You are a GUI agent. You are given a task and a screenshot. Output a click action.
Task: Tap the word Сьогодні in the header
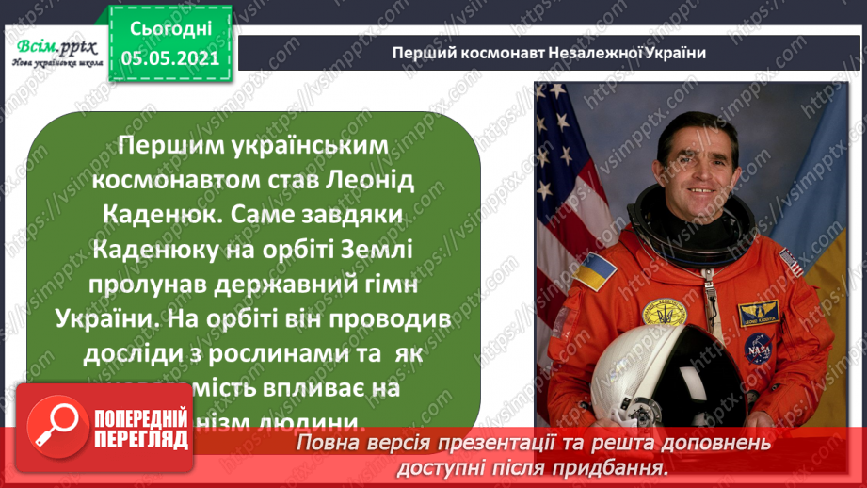[x=169, y=30]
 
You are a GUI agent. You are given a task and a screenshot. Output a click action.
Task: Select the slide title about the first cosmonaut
[x=549, y=54]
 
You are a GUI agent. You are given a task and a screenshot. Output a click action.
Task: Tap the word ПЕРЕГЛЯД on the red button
[x=139, y=437]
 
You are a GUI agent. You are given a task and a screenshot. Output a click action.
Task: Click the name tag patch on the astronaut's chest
[x=758, y=310]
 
